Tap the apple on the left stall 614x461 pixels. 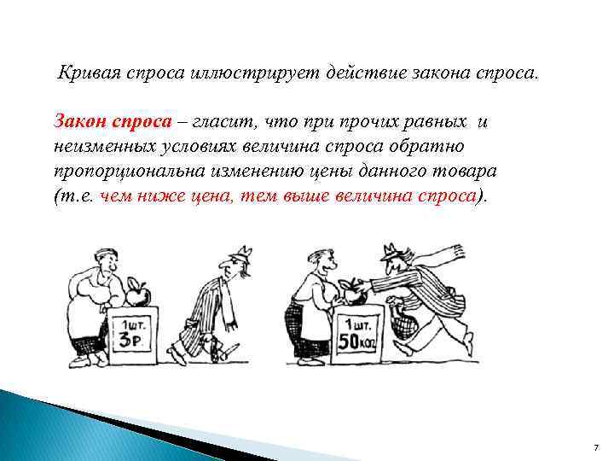[138, 294]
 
